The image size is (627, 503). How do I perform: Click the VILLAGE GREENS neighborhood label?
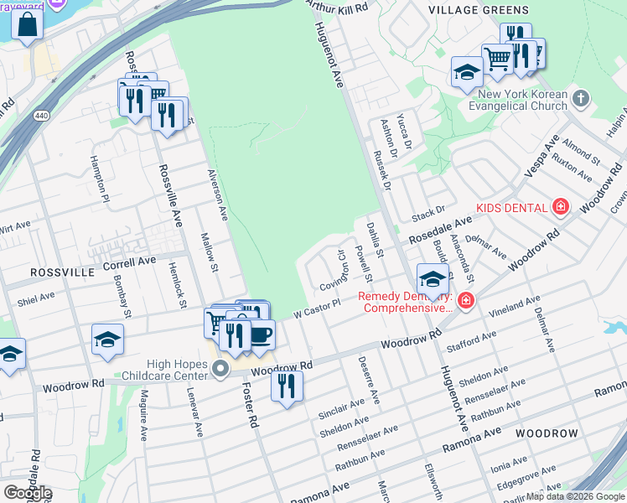pos(479,10)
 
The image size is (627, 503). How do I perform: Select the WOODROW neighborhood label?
pos(547,433)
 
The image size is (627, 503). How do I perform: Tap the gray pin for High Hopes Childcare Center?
pos(220,369)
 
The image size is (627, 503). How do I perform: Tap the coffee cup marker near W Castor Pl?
pos(260,334)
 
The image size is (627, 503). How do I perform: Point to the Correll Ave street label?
pos(129,262)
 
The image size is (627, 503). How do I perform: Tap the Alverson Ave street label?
pos(217,194)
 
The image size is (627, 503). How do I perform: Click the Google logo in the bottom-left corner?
pos(28,493)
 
